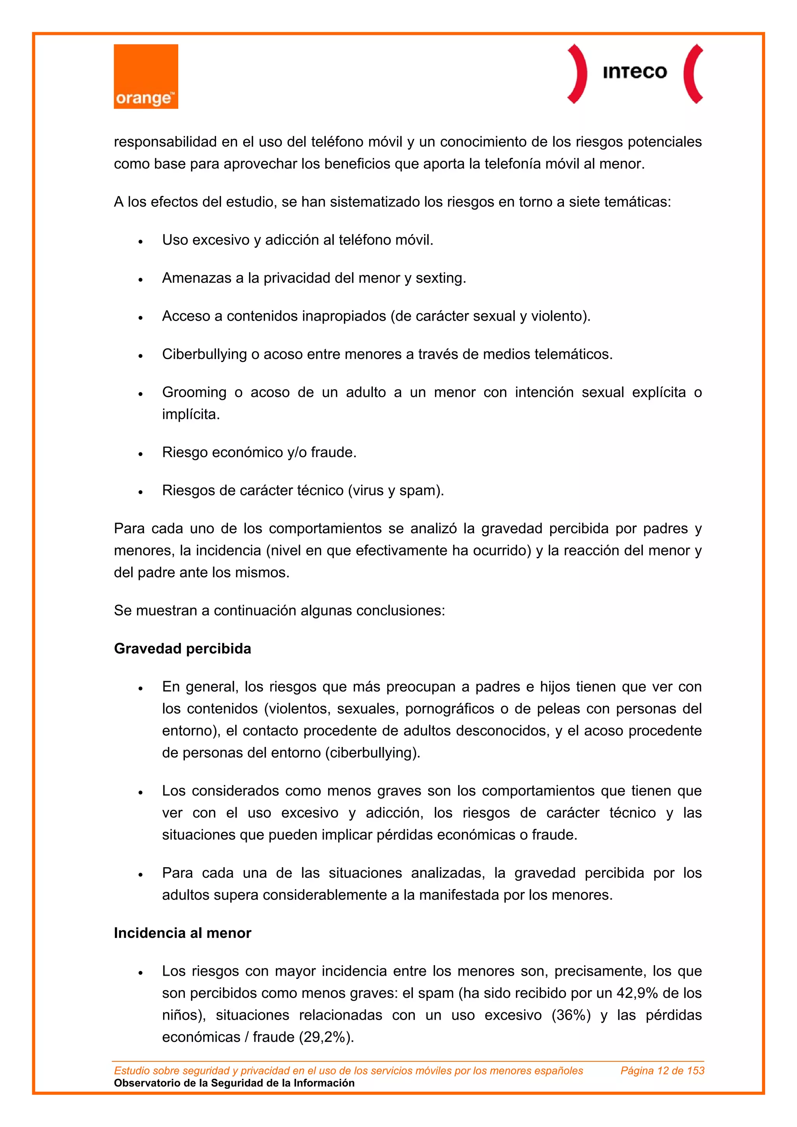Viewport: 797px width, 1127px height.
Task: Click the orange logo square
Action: [x=146, y=77]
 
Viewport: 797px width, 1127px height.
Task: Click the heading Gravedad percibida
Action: [x=182, y=649]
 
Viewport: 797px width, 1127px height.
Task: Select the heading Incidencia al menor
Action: [x=182, y=932]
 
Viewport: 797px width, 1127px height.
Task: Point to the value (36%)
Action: [x=571, y=1015]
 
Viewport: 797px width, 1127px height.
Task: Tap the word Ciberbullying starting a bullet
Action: [x=204, y=354]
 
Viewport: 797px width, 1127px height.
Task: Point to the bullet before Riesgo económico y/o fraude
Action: [x=140, y=454]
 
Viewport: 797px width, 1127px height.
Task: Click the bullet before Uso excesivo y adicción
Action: [x=140, y=242]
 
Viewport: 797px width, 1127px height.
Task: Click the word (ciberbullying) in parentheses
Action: [x=373, y=753]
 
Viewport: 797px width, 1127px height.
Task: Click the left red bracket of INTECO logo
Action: [x=578, y=74]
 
